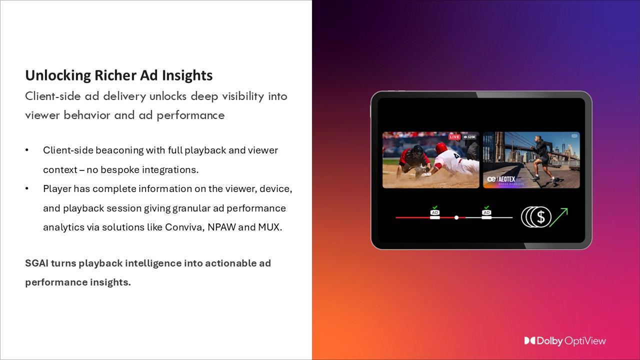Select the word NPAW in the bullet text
tap(222, 227)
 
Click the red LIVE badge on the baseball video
tap(454, 137)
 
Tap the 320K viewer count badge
tap(469, 137)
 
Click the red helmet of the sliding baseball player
tap(441, 148)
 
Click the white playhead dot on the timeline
tap(456, 217)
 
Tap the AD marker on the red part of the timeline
tap(435, 212)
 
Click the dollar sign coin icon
tap(539, 217)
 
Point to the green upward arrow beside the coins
tap(559, 217)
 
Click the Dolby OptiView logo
tap(565, 341)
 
